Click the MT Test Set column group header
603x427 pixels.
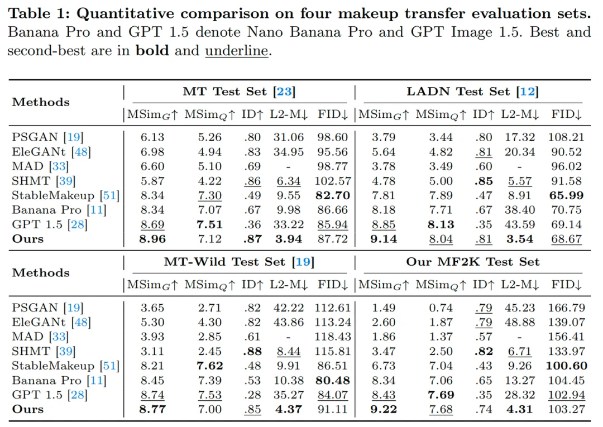239,92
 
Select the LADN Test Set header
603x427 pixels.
473,92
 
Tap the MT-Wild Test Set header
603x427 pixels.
239,262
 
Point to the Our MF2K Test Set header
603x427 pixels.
473,262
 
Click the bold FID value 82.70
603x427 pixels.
333,195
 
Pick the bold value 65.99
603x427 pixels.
566,195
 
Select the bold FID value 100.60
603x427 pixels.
566,366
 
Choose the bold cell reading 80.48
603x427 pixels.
333,380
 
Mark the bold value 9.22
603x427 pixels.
384,409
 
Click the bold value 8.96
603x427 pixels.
152,239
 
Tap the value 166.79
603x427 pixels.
566,308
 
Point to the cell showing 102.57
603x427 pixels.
333,181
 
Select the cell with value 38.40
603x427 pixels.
520,210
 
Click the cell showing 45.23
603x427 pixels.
520,308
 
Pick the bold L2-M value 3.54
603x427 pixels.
520,239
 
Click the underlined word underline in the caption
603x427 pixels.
237,50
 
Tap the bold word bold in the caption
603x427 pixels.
152,50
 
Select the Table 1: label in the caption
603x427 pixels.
39,13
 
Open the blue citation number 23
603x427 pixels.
284,92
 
